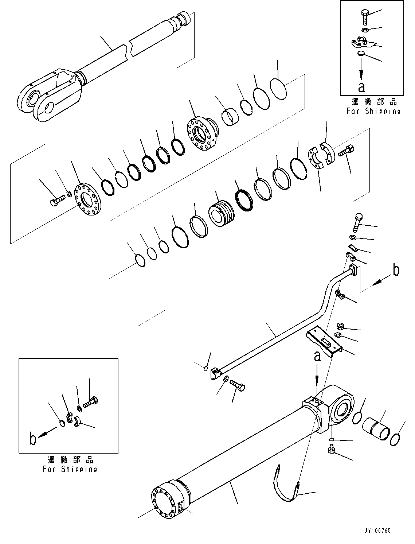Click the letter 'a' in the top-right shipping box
click(x=361, y=88)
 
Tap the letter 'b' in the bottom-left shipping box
click(x=33, y=439)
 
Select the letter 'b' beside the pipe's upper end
click(x=396, y=270)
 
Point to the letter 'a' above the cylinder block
click(x=317, y=356)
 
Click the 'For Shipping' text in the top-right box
click(x=373, y=111)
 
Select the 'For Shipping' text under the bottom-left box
click(x=70, y=469)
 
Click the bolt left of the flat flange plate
click(x=56, y=200)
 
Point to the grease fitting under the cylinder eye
click(x=331, y=449)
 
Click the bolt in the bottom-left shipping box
click(x=91, y=403)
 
